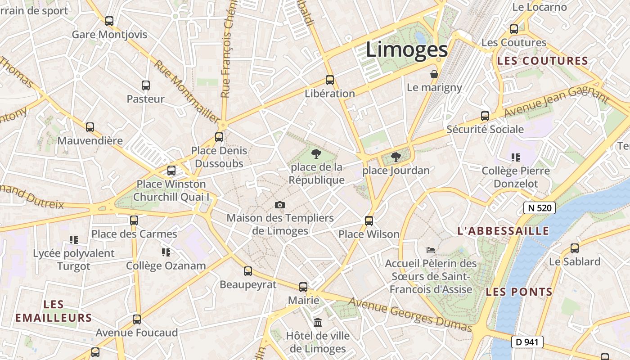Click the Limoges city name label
[406, 49]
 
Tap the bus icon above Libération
[330, 80]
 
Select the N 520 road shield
[540, 208]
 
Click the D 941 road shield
[527, 342]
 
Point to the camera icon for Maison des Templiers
[280, 205]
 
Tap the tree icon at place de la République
[316, 154]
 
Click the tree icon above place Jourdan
[396, 157]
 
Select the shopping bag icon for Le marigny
[434, 74]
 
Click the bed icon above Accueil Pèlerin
[431, 250]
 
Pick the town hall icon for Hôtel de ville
[318, 322]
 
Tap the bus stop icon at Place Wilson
[369, 220]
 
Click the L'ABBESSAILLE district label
[503, 231]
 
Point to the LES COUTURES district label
[542, 61]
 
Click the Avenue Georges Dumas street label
[410, 315]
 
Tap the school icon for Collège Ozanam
[166, 252]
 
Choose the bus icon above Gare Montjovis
[109, 21]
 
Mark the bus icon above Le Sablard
[575, 248]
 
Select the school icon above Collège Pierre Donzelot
[516, 157]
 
